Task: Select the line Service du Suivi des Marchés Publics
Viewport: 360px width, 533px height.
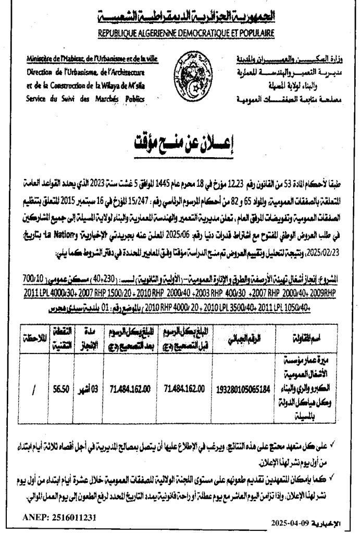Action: pos(85,99)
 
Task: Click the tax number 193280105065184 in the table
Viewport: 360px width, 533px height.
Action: pos(244,388)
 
